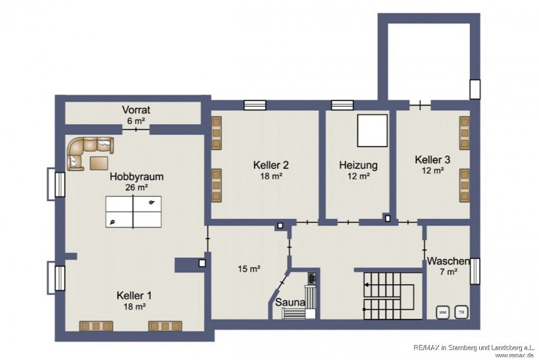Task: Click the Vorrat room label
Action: coord(136,110)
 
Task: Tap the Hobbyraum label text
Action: coord(136,176)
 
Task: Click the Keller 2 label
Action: coord(271,165)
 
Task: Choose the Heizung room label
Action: coord(358,165)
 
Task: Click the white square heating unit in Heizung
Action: coord(372,131)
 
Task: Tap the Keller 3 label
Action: coord(432,159)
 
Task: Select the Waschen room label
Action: coord(448,261)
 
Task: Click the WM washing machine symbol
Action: coord(442,312)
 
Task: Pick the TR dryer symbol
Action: coord(462,312)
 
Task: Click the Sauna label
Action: coord(291,303)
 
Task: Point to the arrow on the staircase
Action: coord(367,284)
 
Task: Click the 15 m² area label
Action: coord(250,269)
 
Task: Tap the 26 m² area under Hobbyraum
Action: coord(136,188)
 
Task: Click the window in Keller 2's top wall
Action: coord(255,105)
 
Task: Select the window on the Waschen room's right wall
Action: coord(475,271)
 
